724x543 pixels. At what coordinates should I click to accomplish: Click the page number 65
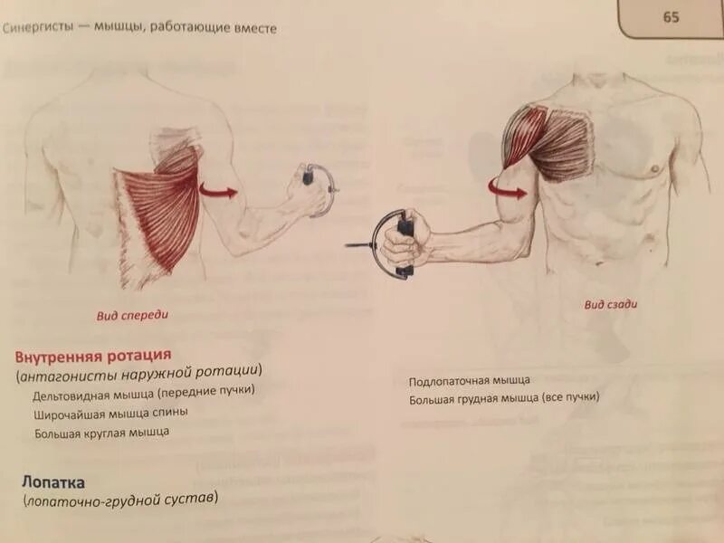pyautogui.click(x=671, y=17)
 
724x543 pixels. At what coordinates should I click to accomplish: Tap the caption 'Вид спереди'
pyautogui.click(x=133, y=316)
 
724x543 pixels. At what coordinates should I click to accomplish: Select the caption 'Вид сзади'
pyautogui.click(x=610, y=305)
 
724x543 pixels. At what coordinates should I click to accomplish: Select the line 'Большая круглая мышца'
pyautogui.click(x=101, y=433)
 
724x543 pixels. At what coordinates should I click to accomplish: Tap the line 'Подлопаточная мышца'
pyautogui.click(x=469, y=380)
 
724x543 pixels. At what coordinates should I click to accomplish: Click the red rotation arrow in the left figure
pyautogui.click(x=218, y=191)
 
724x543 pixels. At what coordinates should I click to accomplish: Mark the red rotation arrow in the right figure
pyautogui.click(x=508, y=186)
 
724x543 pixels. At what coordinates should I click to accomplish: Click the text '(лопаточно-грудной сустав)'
pyautogui.click(x=120, y=500)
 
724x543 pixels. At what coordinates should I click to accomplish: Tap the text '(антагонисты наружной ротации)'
pyautogui.click(x=138, y=372)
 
